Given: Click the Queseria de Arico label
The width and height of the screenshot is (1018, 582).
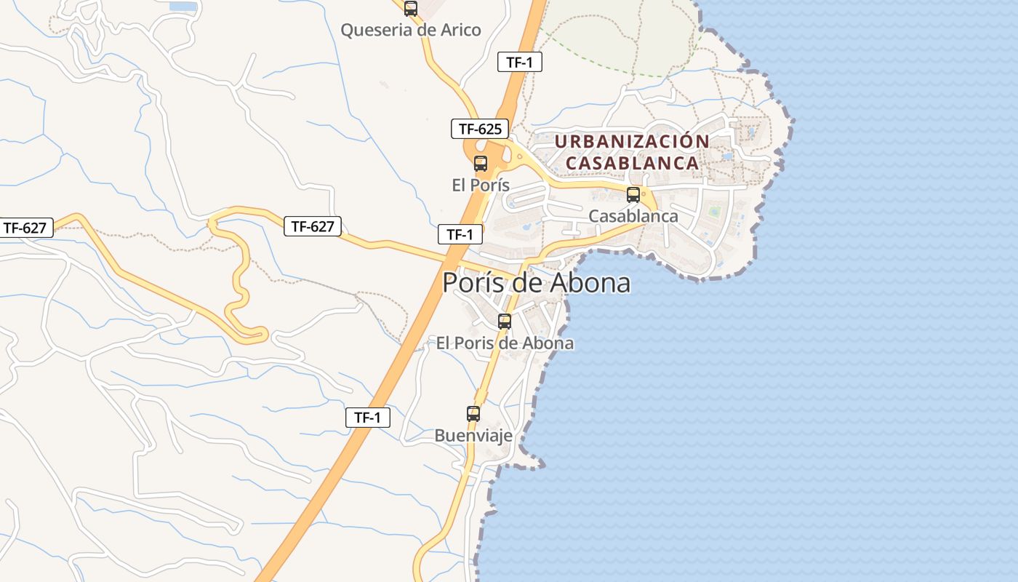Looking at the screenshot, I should [411, 30].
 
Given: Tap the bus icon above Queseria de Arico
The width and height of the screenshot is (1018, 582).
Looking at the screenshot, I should [411, 9].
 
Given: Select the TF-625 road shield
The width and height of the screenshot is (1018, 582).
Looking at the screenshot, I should [480, 129].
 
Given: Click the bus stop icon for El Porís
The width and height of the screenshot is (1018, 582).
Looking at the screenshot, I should [481, 164].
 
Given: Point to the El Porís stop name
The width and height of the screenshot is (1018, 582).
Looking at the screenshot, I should [481, 185].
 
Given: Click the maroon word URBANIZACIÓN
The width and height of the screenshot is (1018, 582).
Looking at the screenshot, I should [632, 142].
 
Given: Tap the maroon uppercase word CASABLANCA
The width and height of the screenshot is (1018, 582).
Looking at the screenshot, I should [632, 163].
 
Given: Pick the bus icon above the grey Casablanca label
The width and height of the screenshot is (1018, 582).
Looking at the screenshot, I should [633, 195].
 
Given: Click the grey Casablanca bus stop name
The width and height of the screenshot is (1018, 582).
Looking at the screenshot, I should [633, 216].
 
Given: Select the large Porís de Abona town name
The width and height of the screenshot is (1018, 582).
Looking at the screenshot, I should [536, 283].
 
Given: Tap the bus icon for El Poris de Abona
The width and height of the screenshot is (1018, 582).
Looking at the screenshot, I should [505, 322].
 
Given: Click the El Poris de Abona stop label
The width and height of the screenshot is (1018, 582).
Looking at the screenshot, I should [505, 343].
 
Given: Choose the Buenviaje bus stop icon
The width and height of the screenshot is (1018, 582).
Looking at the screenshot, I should [473, 414].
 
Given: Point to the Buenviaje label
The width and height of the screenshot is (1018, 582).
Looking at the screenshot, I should [473, 436].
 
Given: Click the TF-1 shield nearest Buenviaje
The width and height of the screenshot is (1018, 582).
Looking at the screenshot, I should [367, 418].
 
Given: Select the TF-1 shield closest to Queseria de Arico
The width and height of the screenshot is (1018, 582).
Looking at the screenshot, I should [520, 62].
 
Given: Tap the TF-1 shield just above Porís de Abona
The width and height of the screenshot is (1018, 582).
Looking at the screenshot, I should [460, 234].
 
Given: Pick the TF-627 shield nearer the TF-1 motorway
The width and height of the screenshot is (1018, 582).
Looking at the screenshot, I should [313, 226].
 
